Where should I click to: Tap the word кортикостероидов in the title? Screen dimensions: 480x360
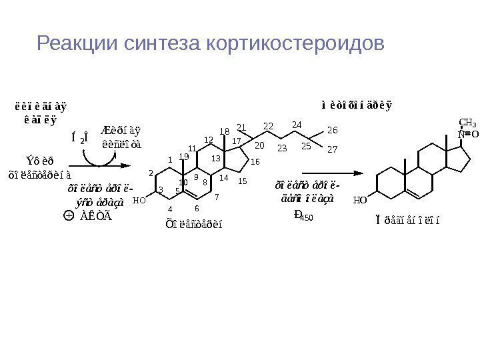[296, 45]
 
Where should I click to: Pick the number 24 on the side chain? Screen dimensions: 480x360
[297, 125]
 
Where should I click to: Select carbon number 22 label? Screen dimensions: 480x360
[269, 125]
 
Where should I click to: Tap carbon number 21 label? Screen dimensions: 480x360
[241, 127]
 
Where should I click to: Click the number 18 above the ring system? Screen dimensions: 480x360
[225, 131]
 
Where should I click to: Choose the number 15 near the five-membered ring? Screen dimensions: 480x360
[243, 181]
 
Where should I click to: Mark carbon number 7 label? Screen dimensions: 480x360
[217, 197]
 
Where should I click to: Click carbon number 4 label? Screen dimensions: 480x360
[170, 209]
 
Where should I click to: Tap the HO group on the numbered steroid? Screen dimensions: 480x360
[139, 199]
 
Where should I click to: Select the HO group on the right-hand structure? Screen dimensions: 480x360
[360, 199]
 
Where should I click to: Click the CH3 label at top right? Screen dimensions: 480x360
[467, 123]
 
